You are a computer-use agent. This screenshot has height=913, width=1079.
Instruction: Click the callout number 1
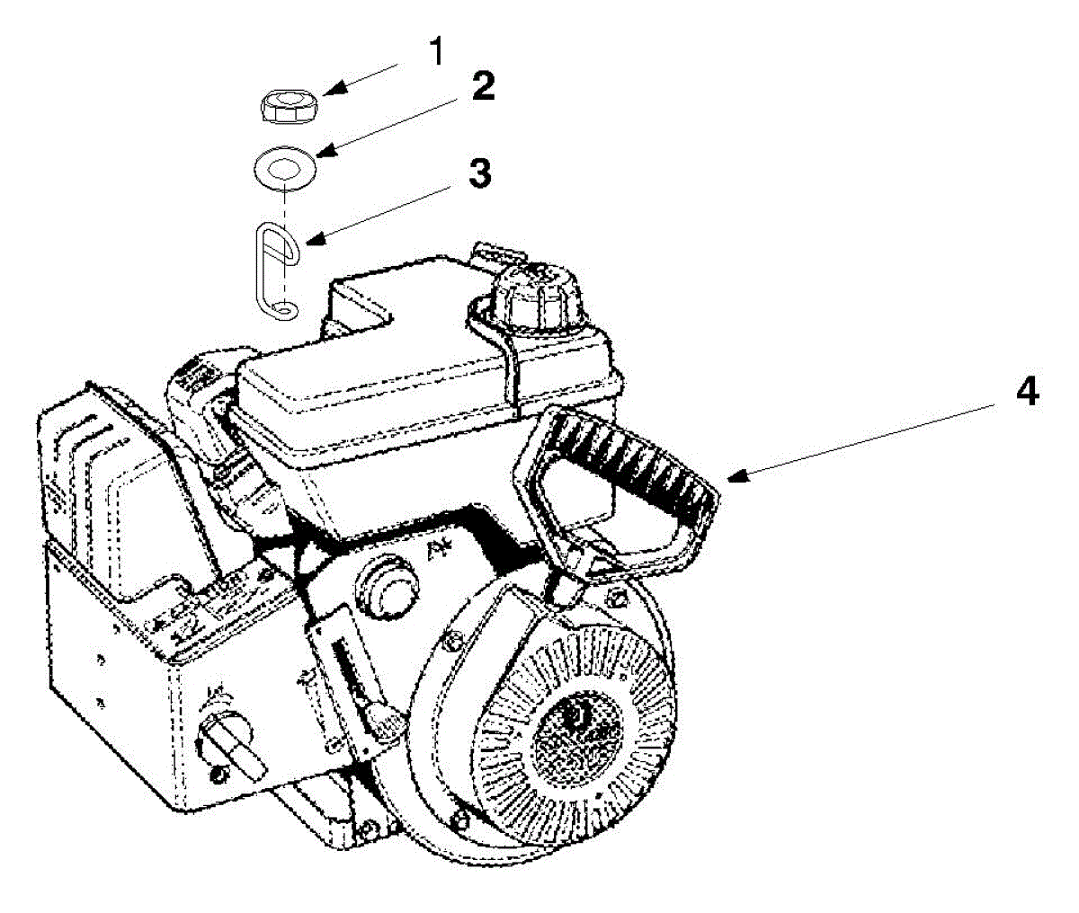(435, 51)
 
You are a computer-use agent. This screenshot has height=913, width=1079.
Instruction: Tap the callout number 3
(481, 173)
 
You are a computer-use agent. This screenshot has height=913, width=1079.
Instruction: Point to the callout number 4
(1026, 393)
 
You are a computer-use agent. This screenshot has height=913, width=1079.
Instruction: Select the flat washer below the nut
(283, 167)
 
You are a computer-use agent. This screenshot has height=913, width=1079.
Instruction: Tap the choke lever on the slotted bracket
(382, 719)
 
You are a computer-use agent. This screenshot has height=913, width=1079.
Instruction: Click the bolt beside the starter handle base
(616, 597)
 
